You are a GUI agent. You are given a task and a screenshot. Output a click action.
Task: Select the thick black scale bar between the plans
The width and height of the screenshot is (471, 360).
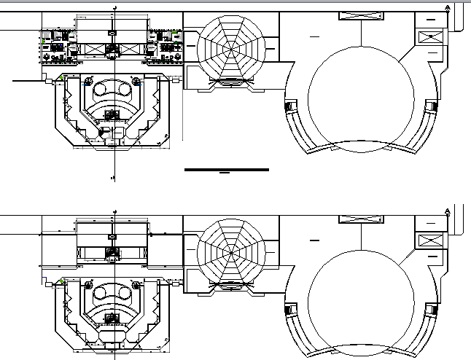pos(227,169)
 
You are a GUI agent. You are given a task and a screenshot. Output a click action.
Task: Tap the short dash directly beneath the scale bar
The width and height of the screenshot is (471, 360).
pos(225,174)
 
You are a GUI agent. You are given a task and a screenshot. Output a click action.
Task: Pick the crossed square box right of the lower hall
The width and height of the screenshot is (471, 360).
pos(428,239)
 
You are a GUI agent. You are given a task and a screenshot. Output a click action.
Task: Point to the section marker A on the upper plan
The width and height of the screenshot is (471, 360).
pos(447,9)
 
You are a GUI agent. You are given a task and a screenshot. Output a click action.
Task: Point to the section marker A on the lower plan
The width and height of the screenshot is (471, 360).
pos(447,211)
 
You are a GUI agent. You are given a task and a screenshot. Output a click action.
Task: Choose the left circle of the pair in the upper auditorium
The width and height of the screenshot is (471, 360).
pos(104,90)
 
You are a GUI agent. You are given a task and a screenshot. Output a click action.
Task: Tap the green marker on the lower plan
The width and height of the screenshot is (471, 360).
pos(63,281)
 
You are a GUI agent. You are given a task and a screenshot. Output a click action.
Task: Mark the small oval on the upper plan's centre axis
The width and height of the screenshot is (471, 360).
pos(112,33)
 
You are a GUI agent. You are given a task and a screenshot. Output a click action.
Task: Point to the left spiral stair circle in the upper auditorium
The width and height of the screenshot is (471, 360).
pos(88,81)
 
